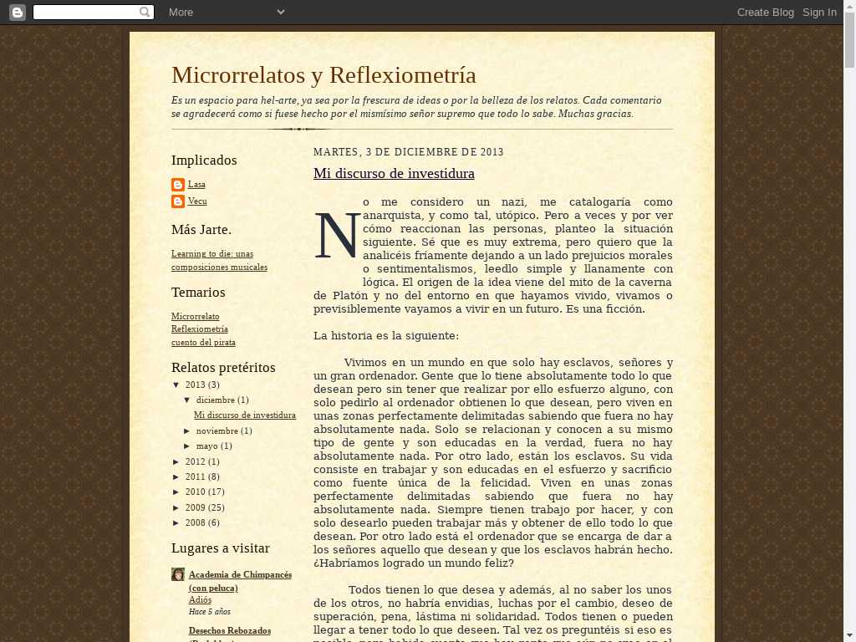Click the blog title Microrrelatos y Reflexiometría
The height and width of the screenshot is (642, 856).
324,75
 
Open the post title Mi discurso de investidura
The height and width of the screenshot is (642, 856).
394,174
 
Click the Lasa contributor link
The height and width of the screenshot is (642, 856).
196,185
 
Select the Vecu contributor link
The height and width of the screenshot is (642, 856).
197,201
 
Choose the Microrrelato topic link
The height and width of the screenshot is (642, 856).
195,317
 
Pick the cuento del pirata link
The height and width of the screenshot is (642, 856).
203,343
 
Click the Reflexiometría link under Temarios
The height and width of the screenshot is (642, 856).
199,329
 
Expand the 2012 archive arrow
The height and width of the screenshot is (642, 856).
176,462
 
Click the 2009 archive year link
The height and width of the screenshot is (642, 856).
195,507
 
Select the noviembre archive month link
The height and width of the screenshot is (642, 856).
217,431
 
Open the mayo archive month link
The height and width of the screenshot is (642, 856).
207,446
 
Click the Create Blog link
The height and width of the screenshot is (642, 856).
765,12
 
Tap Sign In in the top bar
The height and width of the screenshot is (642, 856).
819,12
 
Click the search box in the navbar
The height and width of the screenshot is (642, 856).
87,12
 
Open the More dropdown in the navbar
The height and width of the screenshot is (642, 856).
226,12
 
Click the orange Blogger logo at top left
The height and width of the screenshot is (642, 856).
17,12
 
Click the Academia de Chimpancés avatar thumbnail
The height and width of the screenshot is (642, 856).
178,574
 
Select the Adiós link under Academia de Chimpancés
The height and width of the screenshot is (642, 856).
200,600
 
